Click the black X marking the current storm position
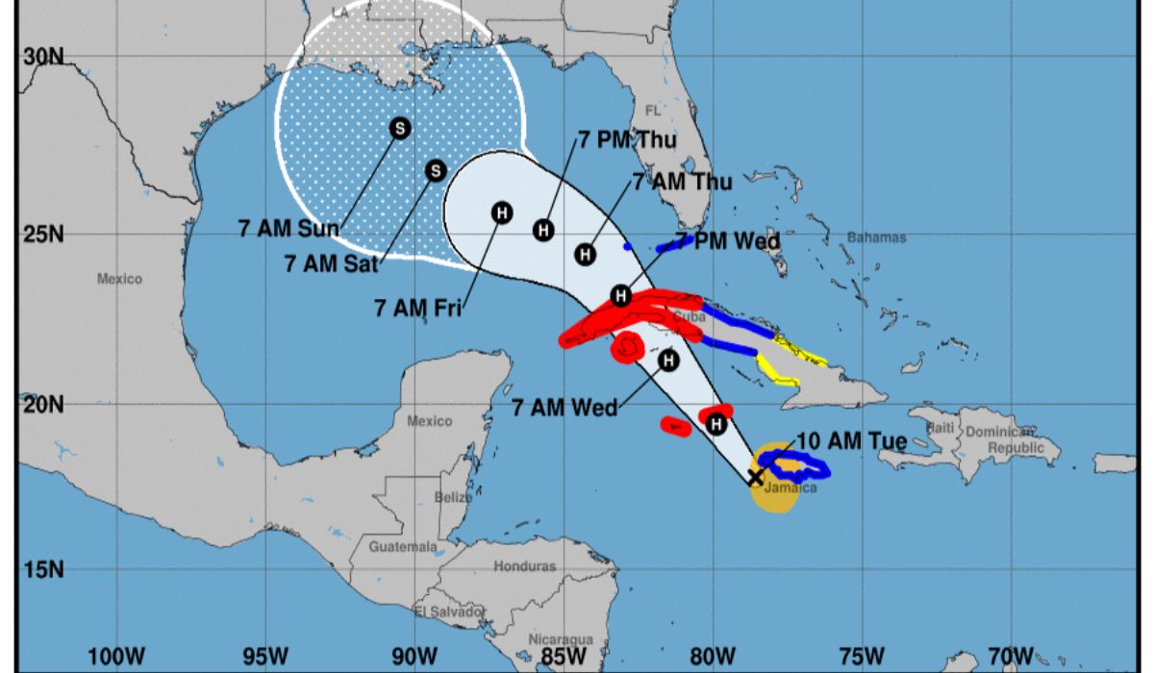756,477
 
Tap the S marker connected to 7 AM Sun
399,128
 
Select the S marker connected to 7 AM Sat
436,170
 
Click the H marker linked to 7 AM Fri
501,212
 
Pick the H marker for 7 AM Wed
668,361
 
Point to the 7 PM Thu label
627,140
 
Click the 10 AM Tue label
852,441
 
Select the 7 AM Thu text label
682,182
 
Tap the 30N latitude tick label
43,57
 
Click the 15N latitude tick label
43,569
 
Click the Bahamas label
876,237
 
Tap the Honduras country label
524,566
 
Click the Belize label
452,497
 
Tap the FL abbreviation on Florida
654,110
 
